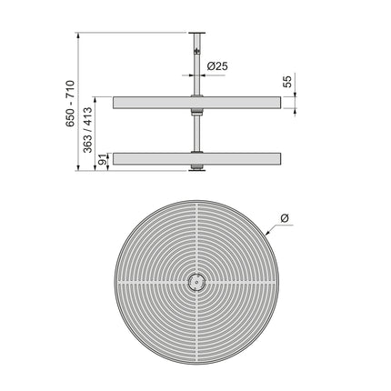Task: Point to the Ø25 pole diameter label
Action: pyautogui.click(x=216, y=66)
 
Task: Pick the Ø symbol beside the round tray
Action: pyautogui.click(x=285, y=216)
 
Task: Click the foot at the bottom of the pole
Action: pyautogui.click(x=195, y=168)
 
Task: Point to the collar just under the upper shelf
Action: pyautogui.click(x=195, y=114)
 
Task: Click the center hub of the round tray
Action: pyautogui.click(x=195, y=283)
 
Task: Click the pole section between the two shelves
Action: pyautogui.click(x=195, y=132)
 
